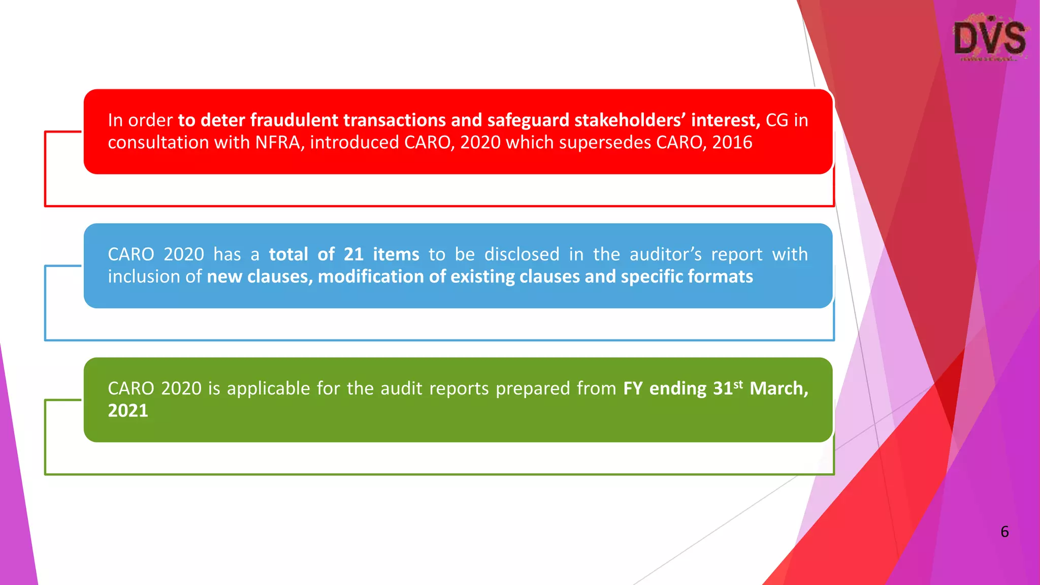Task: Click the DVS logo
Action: [x=990, y=39]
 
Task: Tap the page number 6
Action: [x=1004, y=532]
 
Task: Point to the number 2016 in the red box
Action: [x=732, y=143]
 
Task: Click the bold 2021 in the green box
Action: [x=128, y=411]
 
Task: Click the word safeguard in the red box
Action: [x=528, y=120]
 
